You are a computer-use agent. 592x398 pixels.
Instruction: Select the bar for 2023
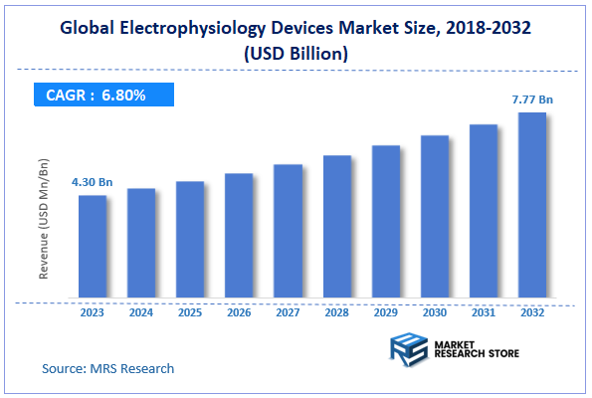point(93,247)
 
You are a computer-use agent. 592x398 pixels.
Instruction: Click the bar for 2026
point(239,236)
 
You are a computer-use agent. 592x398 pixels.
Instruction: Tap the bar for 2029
point(386,222)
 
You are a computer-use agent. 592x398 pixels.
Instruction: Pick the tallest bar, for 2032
point(532,205)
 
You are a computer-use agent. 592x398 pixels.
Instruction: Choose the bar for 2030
point(435,217)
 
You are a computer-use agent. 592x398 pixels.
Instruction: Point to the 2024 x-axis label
point(141,311)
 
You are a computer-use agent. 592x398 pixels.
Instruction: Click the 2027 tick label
point(288,311)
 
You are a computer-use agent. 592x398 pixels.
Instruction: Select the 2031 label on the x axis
point(484,311)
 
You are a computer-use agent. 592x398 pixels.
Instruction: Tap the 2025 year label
point(190,311)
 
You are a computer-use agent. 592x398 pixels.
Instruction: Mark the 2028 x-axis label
point(337,311)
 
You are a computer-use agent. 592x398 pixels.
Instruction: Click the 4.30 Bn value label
point(92,182)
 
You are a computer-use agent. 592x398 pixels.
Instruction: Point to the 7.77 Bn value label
point(532,99)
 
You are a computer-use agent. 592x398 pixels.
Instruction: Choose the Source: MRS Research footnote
point(107,368)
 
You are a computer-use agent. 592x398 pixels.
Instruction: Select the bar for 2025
point(190,240)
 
